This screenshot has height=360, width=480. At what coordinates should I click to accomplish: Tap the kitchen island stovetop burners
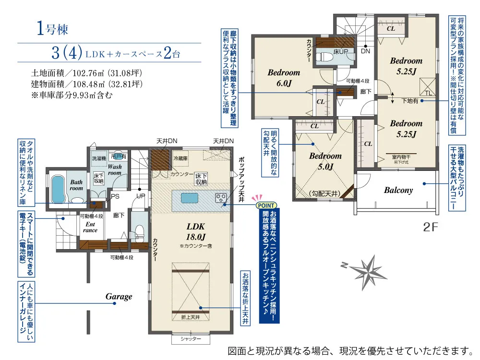221,197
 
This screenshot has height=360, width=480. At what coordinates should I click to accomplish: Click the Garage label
119,296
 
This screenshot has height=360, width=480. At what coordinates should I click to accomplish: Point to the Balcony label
398,190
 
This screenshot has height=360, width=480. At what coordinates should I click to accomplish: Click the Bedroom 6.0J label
284,78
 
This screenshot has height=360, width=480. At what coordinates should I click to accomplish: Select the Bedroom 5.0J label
325,161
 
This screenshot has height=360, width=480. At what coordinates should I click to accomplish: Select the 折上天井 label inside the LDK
191,317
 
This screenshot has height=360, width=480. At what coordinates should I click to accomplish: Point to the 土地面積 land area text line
86,74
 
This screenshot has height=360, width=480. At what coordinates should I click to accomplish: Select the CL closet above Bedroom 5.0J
315,126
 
